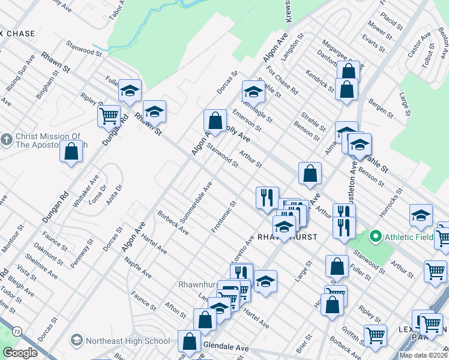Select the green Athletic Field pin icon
pyautogui.click(x=376, y=236)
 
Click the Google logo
pyautogui.click(x=20, y=353)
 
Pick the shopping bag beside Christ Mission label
pyautogui.click(x=71, y=152)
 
